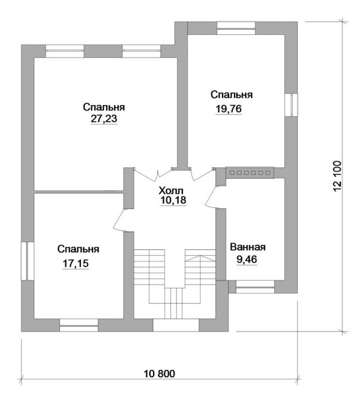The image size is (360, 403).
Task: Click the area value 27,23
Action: [x=104, y=118]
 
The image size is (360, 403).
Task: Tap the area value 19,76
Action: [x=229, y=109]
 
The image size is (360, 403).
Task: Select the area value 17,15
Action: [x=76, y=264]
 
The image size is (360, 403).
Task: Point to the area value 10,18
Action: [x=173, y=200]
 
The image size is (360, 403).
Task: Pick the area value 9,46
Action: [x=247, y=259]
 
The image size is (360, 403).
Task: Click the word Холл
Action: [x=171, y=191]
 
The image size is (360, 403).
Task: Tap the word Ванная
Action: [x=248, y=247]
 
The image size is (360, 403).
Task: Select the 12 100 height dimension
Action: [x=337, y=177]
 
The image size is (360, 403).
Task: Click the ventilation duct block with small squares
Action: [x=250, y=173]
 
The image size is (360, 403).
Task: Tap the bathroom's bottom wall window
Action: [x=255, y=287]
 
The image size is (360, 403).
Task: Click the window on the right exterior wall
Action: [x=291, y=105]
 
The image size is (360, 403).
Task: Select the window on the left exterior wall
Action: [x=28, y=261]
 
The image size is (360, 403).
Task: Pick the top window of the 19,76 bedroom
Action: [x=236, y=28]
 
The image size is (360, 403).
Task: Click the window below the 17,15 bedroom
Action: [x=79, y=325]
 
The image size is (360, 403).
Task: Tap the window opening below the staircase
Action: [x=176, y=325]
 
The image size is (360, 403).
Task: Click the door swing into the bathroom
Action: [x=212, y=196]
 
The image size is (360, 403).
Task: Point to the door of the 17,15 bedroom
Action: [x=119, y=219]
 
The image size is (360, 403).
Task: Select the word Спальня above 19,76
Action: [x=232, y=95]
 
